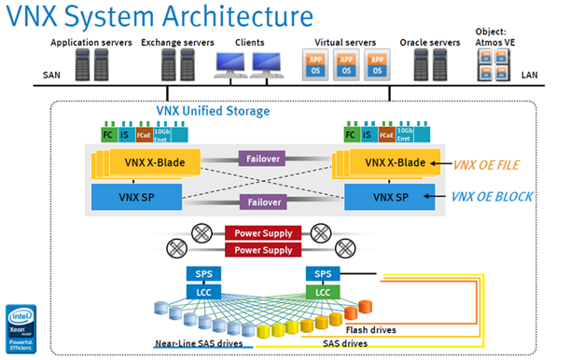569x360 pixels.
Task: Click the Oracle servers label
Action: pos(431,43)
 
